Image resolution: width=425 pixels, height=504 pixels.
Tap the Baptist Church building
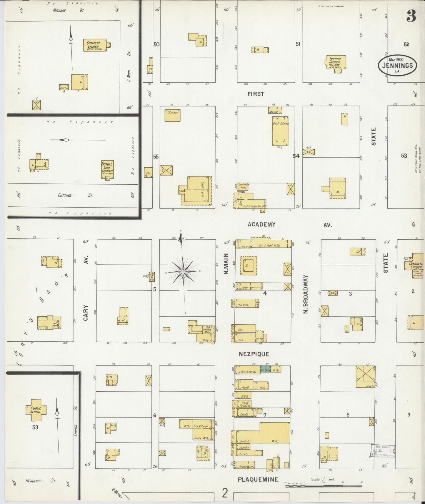coord(335,62)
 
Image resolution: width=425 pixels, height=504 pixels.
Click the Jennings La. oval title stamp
coord(397,65)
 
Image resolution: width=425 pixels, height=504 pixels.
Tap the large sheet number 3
coord(411,17)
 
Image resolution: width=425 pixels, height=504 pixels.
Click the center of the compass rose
coord(183,272)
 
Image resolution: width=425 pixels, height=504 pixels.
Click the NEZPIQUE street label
coord(254,354)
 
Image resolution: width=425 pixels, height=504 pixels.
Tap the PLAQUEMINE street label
coord(258,480)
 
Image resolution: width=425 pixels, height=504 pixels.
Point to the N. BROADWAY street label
coord(306,294)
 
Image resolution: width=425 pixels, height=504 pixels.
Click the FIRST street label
coord(256,94)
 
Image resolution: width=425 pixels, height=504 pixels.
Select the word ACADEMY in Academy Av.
coord(261,225)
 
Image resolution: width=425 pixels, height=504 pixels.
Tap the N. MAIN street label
coord(226,264)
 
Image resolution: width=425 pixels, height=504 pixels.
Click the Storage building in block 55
coord(172,115)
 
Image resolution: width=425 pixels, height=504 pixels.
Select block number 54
coord(296,156)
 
